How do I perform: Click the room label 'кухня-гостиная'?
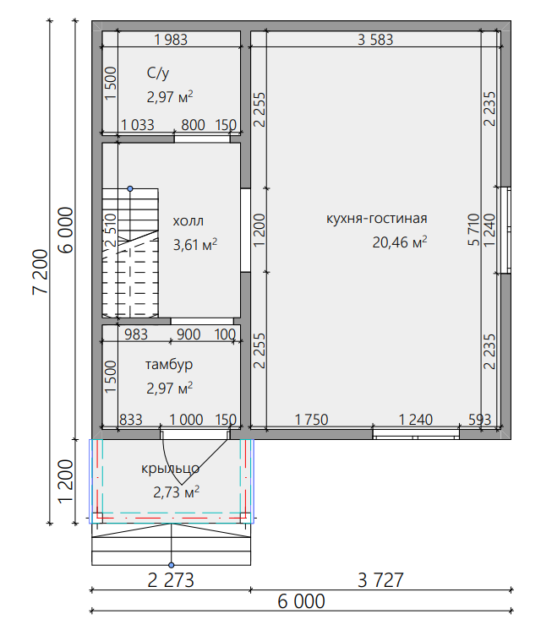[376, 219]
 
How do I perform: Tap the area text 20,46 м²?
[400, 242]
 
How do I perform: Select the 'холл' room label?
[189, 221]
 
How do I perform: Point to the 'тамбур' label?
[169, 365]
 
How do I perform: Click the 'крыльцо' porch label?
[170, 469]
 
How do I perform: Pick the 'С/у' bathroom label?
[158, 73]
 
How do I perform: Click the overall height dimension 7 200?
[41, 272]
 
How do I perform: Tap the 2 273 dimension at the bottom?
[171, 580]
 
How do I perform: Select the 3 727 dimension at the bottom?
[380, 580]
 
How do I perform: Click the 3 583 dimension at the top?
[375, 40]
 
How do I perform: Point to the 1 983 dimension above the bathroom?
[171, 40]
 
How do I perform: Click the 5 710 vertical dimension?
[474, 230]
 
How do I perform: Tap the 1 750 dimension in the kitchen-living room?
[311, 420]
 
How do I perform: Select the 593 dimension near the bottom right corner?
[479, 420]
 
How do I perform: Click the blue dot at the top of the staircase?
[130, 188]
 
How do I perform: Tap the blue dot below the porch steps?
[172, 565]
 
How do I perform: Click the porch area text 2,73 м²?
[176, 492]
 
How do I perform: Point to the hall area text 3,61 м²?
[195, 245]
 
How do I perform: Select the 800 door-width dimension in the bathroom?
[193, 125]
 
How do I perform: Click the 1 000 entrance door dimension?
[186, 420]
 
